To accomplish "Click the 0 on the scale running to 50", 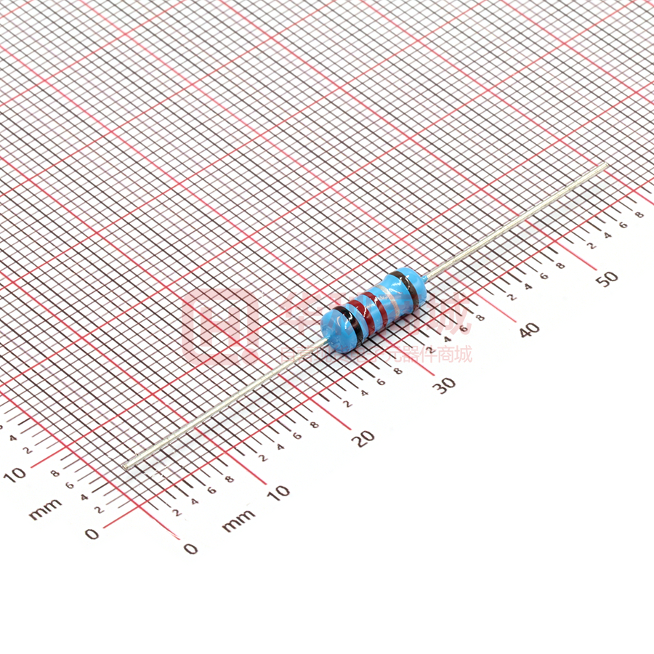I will coord(190,548).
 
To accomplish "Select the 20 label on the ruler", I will coord(365,437).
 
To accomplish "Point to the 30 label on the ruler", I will coord(444,385).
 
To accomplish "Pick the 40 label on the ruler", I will coord(530,329).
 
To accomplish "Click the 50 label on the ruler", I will coord(609,277).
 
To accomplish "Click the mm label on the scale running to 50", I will coord(238,520).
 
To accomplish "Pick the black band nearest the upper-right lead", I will coord(406,286).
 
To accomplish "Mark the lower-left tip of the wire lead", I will coord(126,465).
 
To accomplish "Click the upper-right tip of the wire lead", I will coord(605,166).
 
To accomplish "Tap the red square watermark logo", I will coord(220,328).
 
